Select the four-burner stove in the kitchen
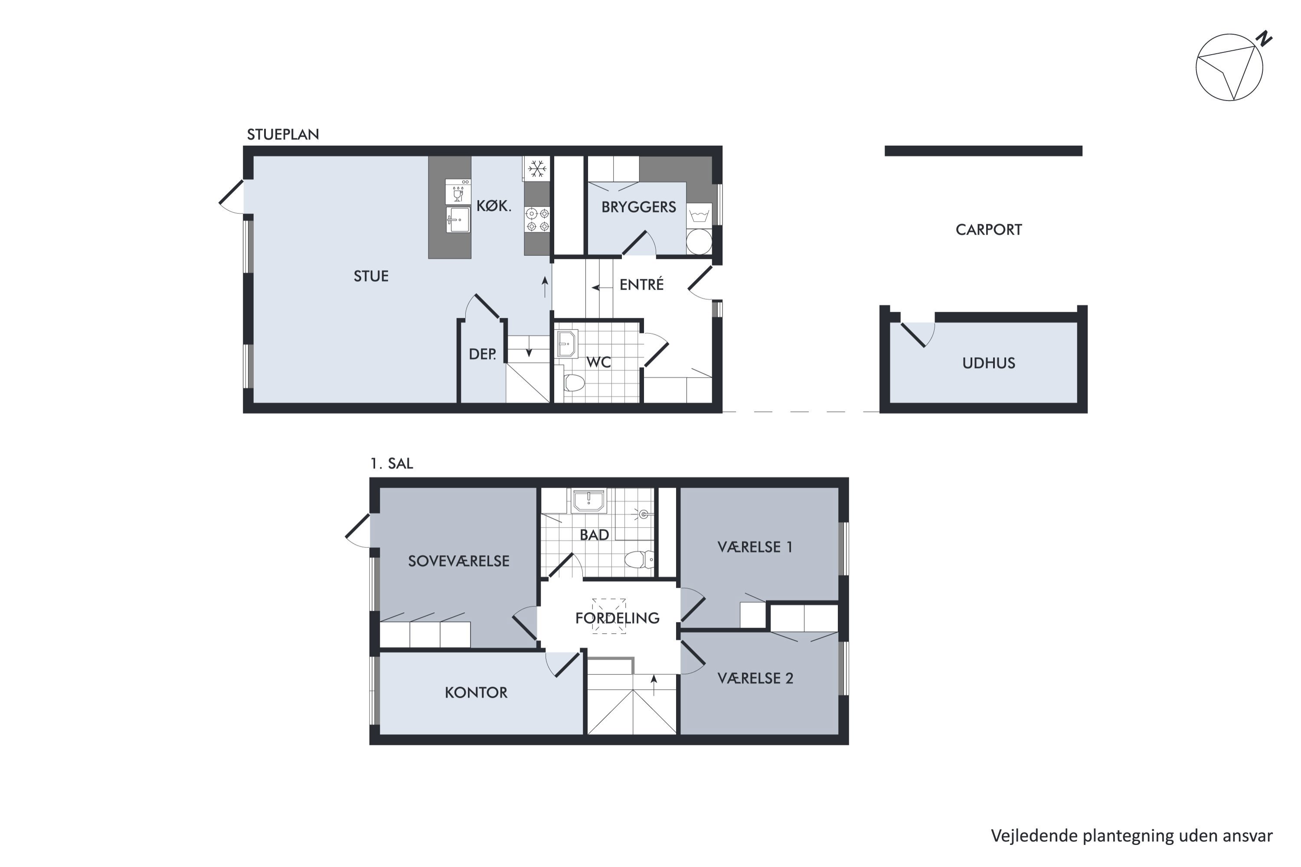click(538, 219)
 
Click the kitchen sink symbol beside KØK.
click(458, 219)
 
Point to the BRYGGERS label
click(639, 207)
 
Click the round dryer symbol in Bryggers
click(699, 241)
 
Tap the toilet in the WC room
click(574, 383)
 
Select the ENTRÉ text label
click(642, 284)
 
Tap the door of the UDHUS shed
click(913, 335)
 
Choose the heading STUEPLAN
click(283, 134)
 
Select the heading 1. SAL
click(392, 463)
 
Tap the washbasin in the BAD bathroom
click(588, 500)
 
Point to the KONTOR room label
click(476, 693)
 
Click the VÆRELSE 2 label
click(755, 678)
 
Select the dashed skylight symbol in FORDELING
click(609, 616)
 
